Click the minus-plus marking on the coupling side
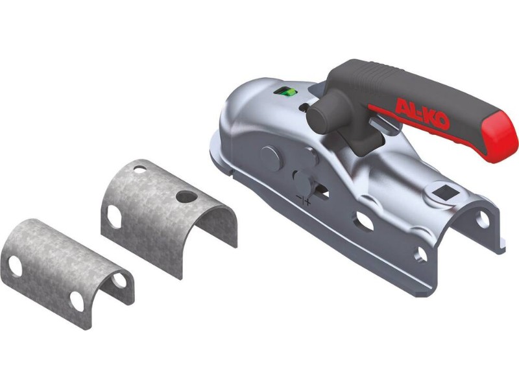click(x=304, y=200)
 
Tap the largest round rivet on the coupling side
click(x=272, y=158)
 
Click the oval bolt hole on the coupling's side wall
click(x=365, y=220)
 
